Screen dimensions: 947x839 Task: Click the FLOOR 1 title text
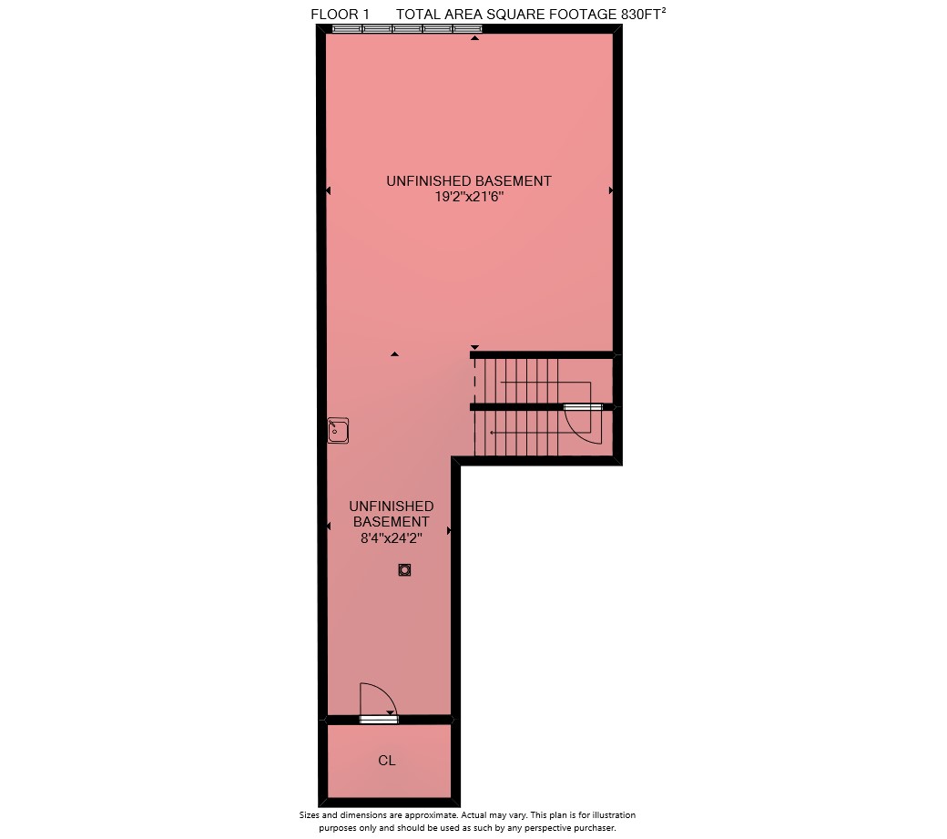(340, 15)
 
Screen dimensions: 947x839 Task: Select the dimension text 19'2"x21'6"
(469, 197)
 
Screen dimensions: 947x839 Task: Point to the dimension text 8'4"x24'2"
(392, 537)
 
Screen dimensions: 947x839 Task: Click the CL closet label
(387, 761)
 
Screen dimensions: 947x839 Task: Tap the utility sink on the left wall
(338, 431)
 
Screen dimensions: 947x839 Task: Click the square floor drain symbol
(404, 569)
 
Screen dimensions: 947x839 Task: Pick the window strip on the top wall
(407, 28)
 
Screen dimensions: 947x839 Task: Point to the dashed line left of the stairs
(474, 381)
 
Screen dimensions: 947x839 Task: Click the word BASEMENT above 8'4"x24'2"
(392, 521)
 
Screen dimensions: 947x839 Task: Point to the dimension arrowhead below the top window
(475, 38)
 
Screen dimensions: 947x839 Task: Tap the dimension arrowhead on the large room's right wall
(611, 190)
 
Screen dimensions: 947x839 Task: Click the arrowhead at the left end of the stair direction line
(493, 433)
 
